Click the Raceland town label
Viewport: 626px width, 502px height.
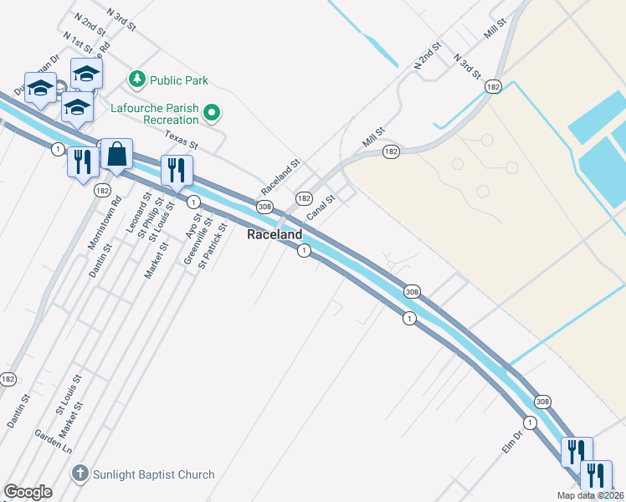click(274, 235)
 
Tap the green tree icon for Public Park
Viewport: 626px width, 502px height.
click(136, 79)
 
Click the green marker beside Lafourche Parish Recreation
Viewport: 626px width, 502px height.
click(213, 111)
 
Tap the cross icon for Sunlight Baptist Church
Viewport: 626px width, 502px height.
click(80, 474)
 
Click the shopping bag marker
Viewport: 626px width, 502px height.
click(116, 155)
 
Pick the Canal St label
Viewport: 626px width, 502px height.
click(321, 208)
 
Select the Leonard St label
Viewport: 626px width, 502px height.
click(137, 213)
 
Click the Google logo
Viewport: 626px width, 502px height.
click(28, 491)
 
